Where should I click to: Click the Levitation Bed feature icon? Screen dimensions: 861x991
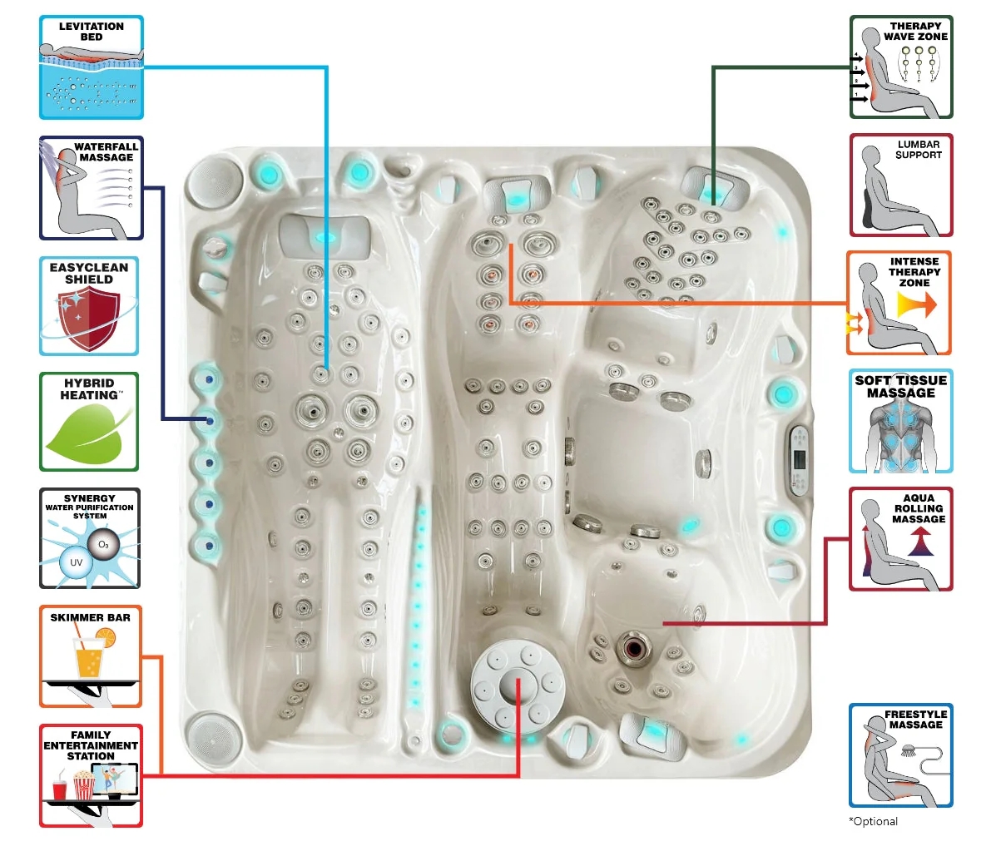[x=92, y=67]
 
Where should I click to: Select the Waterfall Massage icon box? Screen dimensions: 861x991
[x=92, y=189]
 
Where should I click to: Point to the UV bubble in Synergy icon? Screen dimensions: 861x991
[x=76, y=562]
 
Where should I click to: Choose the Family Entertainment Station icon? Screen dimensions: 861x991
[x=91, y=775]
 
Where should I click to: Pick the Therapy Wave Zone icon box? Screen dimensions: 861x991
[x=900, y=67]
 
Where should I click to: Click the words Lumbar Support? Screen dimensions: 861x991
[x=919, y=150]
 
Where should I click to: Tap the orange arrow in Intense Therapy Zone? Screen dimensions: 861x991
[x=916, y=305]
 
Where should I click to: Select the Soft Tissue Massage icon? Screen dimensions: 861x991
[x=900, y=422]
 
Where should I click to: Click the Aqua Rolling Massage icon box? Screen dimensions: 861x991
[x=900, y=540]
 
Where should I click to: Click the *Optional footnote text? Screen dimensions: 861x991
[x=874, y=821]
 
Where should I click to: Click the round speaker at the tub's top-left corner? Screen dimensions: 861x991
[x=204, y=181]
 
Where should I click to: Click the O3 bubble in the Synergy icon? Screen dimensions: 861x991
[x=103, y=545]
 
